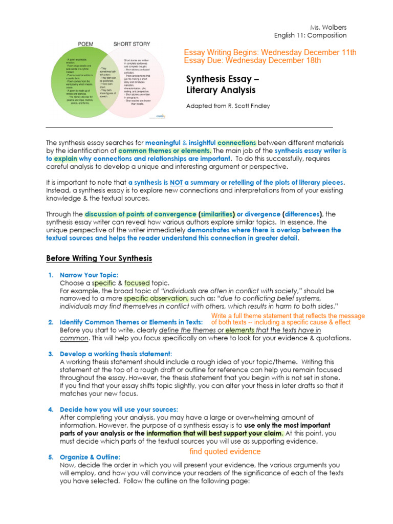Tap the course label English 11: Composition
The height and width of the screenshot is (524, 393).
310,35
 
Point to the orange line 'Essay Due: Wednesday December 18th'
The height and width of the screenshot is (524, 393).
252,61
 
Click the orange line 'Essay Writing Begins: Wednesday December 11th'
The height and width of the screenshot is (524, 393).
270,53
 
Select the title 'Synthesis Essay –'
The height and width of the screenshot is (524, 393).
223,79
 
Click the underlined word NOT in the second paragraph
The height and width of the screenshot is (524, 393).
177,183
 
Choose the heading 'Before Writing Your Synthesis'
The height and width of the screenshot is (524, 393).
99,258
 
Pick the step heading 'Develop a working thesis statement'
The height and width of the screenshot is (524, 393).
115,354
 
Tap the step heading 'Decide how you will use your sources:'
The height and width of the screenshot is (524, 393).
119,409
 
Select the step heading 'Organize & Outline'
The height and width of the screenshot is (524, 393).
90,456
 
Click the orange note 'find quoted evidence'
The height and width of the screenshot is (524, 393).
225,451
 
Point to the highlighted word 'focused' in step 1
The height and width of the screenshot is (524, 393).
136,283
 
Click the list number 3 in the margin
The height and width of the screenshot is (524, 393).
51,354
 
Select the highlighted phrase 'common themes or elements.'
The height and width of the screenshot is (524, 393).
165,151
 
